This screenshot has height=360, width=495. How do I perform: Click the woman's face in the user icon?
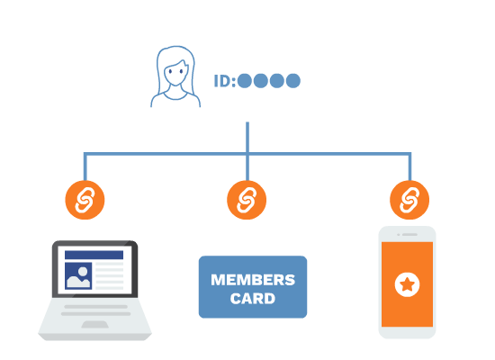click(x=175, y=73)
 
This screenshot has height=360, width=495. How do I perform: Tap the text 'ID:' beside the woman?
click(x=225, y=81)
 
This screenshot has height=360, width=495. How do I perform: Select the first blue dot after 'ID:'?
click(x=245, y=81)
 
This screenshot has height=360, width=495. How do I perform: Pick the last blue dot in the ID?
click(x=293, y=81)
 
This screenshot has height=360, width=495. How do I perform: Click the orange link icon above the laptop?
click(x=85, y=200)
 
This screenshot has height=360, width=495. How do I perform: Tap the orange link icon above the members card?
click(x=247, y=200)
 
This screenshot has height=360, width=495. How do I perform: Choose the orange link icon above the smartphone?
click(x=409, y=200)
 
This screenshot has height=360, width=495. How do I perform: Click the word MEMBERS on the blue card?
click(x=253, y=280)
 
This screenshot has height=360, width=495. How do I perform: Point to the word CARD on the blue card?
click(x=253, y=299)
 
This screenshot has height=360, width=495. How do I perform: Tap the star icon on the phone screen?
click(x=407, y=284)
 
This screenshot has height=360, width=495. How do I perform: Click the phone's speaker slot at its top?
click(x=409, y=235)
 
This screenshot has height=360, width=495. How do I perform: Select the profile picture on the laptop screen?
click(x=78, y=275)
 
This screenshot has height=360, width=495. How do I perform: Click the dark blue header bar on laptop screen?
click(x=94, y=255)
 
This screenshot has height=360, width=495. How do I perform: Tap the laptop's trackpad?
click(x=95, y=325)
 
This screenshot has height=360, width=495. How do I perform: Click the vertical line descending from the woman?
click(x=247, y=151)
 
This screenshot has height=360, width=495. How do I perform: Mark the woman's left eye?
click(x=170, y=71)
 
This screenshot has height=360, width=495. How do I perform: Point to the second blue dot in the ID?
click(x=261, y=81)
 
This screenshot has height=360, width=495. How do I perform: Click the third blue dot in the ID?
click(x=277, y=81)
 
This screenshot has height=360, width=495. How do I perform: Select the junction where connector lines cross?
click(x=247, y=154)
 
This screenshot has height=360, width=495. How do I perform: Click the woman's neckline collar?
click(x=175, y=97)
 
